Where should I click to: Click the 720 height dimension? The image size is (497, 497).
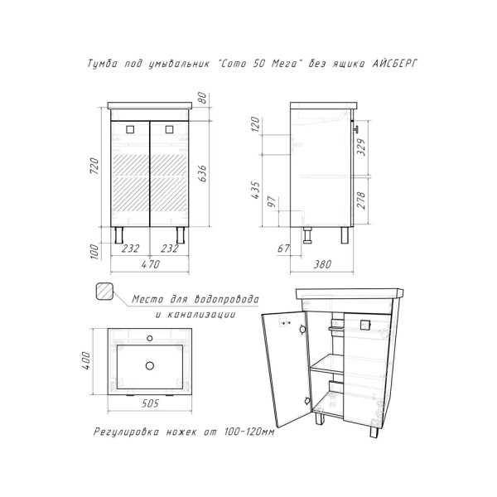[94, 166]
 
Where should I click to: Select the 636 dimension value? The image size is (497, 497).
[202, 173]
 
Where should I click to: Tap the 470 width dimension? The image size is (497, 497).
[150, 263]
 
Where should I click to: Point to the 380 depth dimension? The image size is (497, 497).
[322, 263]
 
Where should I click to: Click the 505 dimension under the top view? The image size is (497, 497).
[150, 403]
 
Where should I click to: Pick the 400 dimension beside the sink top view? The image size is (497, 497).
[86, 360]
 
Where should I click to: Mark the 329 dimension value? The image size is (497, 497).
[361, 147]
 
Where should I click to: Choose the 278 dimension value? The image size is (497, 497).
[361, 200]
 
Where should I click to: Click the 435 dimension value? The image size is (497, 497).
[255, 190]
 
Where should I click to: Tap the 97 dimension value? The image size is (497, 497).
[272, 201]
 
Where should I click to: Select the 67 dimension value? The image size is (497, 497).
[283, 248]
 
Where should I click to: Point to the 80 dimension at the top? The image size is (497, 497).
[202, 98]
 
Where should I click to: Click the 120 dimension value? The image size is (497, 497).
[255, 124]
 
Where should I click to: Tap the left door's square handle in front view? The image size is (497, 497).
[130, 129]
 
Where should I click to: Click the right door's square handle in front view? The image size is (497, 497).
[169, 129]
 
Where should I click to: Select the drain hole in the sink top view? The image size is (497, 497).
[150, 366]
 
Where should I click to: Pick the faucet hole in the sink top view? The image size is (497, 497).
[150, 339]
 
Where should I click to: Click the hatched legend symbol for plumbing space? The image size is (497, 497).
[104, 291]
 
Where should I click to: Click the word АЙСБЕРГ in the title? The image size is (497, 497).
[394, 64]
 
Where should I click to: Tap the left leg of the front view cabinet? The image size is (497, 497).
[118, 235]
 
